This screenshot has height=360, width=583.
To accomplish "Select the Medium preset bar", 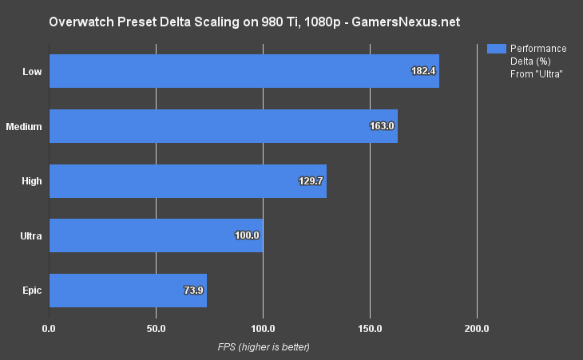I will [223, 126].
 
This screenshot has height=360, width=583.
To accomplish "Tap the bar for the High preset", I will [188, 181].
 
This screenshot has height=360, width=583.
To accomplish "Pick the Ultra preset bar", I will [156, 235].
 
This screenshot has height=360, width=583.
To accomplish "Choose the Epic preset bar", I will [128, 291].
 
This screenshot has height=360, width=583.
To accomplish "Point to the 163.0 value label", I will [382, 126].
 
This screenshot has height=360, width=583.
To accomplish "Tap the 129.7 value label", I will [310, 181].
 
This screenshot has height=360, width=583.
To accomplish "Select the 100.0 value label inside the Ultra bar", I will [247, 235].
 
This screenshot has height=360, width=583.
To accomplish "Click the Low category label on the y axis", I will [33, 71].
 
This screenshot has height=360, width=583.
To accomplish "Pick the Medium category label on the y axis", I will [24, 126].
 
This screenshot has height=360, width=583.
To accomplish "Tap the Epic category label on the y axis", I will [32, 291].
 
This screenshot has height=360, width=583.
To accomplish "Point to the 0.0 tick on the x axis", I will [49, 328].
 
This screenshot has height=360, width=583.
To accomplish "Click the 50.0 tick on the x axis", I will [156, 328].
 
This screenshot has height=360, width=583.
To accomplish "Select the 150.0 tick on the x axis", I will [370, 328].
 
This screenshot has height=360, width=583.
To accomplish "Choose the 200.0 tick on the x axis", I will [477, 328].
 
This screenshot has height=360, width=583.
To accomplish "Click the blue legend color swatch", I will [496, 49].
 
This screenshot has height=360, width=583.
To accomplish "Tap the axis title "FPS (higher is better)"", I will [264, 347].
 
